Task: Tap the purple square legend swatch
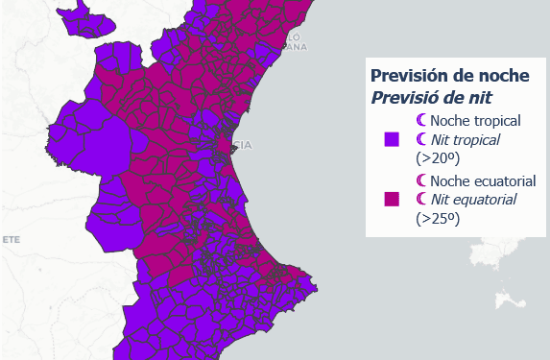tap(392, 139)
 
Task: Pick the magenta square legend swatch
tap(392, 199)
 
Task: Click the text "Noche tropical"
tap(475, 121)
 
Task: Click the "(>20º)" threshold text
tap(437, 158)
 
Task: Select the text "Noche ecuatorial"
tap(482, 180)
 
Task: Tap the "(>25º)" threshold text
tap(437, 218)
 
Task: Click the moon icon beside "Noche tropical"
tap(421, 121)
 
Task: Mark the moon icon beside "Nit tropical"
tap(421, 139)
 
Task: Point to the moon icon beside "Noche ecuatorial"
tap(421, 180)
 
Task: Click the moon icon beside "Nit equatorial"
tap(421, 200)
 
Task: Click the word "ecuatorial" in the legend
tap(500, 180)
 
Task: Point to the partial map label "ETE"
tap(11, 238)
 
